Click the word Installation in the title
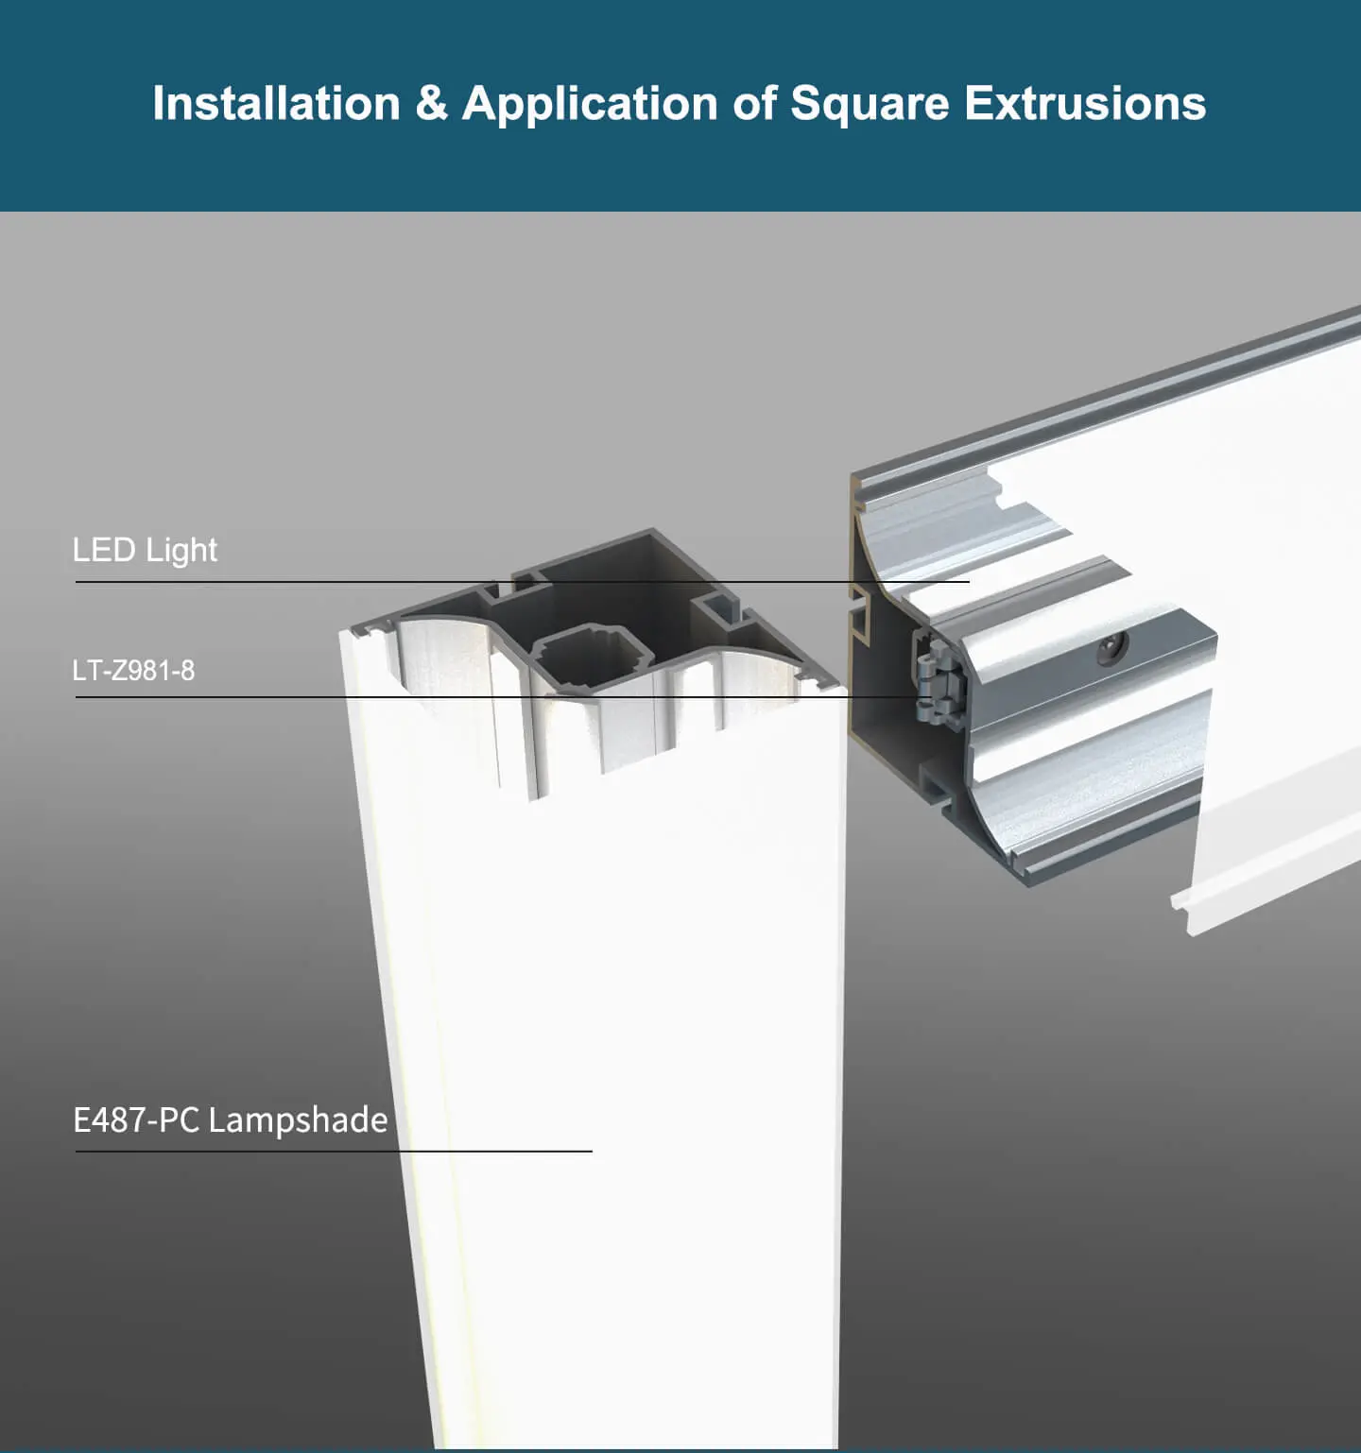pos(276,103)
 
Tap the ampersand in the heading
pos(431,103)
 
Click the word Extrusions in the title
pos(1085,103)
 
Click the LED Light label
pos(145,550)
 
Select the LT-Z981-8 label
pos(133,671)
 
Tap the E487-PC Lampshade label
pos(230,1120)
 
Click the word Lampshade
pos(298,1120)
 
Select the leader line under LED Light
pos(523,582)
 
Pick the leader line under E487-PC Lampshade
pos(334,1151)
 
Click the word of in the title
pos(754,103)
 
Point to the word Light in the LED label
pos(181,550)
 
